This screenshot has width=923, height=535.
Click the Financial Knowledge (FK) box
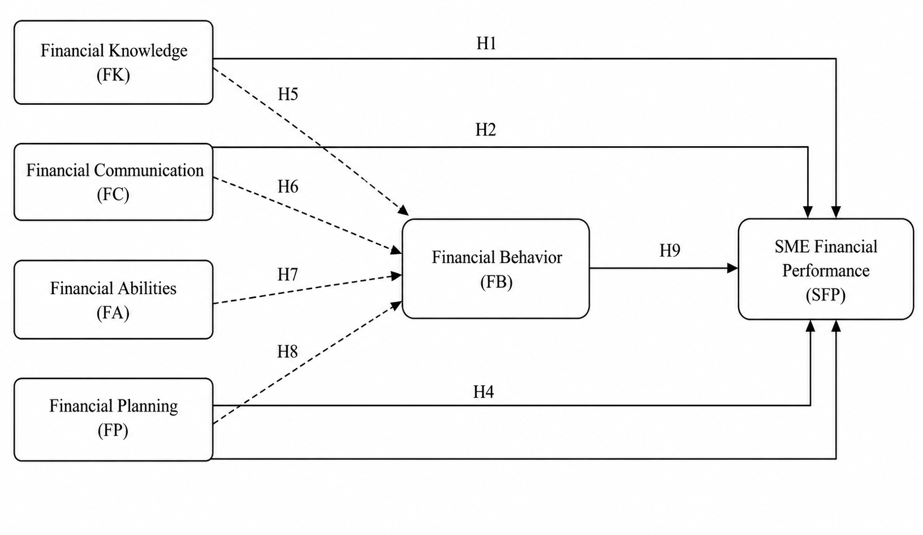(x=113, y=62)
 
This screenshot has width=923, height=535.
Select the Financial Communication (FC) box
(x=113, y=182)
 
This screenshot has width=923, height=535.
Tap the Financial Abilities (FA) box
(x=113, y=299)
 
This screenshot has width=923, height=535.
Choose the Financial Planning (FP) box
(x=113, y=419)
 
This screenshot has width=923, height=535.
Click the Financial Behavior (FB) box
(x=496, y=268)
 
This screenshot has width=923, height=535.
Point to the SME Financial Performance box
(x=825, y=269)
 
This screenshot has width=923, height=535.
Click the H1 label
(x=486, y=43)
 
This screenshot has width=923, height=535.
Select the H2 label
(x=486, y=130)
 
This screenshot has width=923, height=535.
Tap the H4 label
(x=483, y=392)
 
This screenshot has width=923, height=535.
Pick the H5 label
(x=287, y=94)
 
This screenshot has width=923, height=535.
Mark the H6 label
(x=287, y=187)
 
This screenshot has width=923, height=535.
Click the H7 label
(x=287, y=275)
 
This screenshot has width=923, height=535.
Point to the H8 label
(x=287, y=352)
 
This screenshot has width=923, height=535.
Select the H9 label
(x=670, y=250)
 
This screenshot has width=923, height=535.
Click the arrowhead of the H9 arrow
(x=732, y=268)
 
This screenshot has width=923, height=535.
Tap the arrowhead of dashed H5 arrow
(x=403, y=210)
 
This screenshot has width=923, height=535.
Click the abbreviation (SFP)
(x=825, y=295)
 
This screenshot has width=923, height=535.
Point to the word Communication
(x=149, y=170)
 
